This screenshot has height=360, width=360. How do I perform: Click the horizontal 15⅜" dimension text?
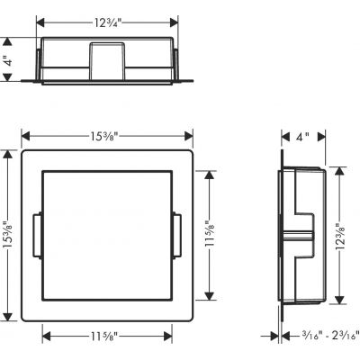107,136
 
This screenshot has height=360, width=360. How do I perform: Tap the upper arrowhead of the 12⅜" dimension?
339,168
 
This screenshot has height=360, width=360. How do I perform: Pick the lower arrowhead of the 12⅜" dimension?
339,302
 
